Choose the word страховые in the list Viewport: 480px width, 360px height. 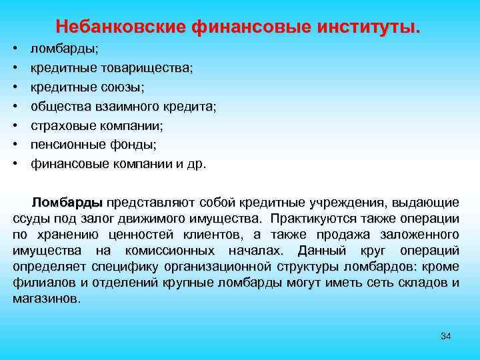click(x=63, y=125)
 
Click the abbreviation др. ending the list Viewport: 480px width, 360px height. click(x=197, y=163)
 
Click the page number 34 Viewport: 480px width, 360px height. click(x=446, y=335)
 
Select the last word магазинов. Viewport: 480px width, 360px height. click(x=46, y=299)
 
